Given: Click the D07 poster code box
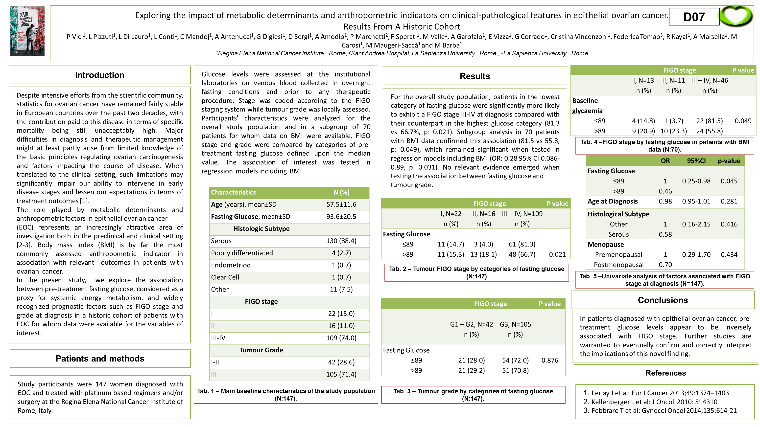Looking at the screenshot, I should point(694,17).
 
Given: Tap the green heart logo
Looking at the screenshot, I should point(736,17).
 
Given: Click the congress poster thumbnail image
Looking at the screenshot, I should point(27,31).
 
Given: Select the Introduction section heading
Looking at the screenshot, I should point(100,75).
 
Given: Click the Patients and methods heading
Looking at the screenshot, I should point(100,359).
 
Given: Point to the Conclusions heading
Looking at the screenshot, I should point(663,300).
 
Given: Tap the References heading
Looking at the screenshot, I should point(665,373).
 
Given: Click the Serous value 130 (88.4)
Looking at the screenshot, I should point(341,241).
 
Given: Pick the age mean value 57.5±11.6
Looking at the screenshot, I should point(341,204).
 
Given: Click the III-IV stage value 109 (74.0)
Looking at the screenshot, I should point(341,338).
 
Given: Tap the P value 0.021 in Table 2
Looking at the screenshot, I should point(557,254).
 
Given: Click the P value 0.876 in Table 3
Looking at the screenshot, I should point(550,360).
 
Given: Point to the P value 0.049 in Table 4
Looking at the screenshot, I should point(743,121).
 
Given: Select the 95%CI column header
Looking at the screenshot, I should point(696,161).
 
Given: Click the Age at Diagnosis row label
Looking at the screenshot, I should point(613,202).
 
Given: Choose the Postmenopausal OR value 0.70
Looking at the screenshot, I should point(665,265).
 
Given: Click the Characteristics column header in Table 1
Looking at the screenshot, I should point(233,192).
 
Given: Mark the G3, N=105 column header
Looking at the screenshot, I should point(515,324).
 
